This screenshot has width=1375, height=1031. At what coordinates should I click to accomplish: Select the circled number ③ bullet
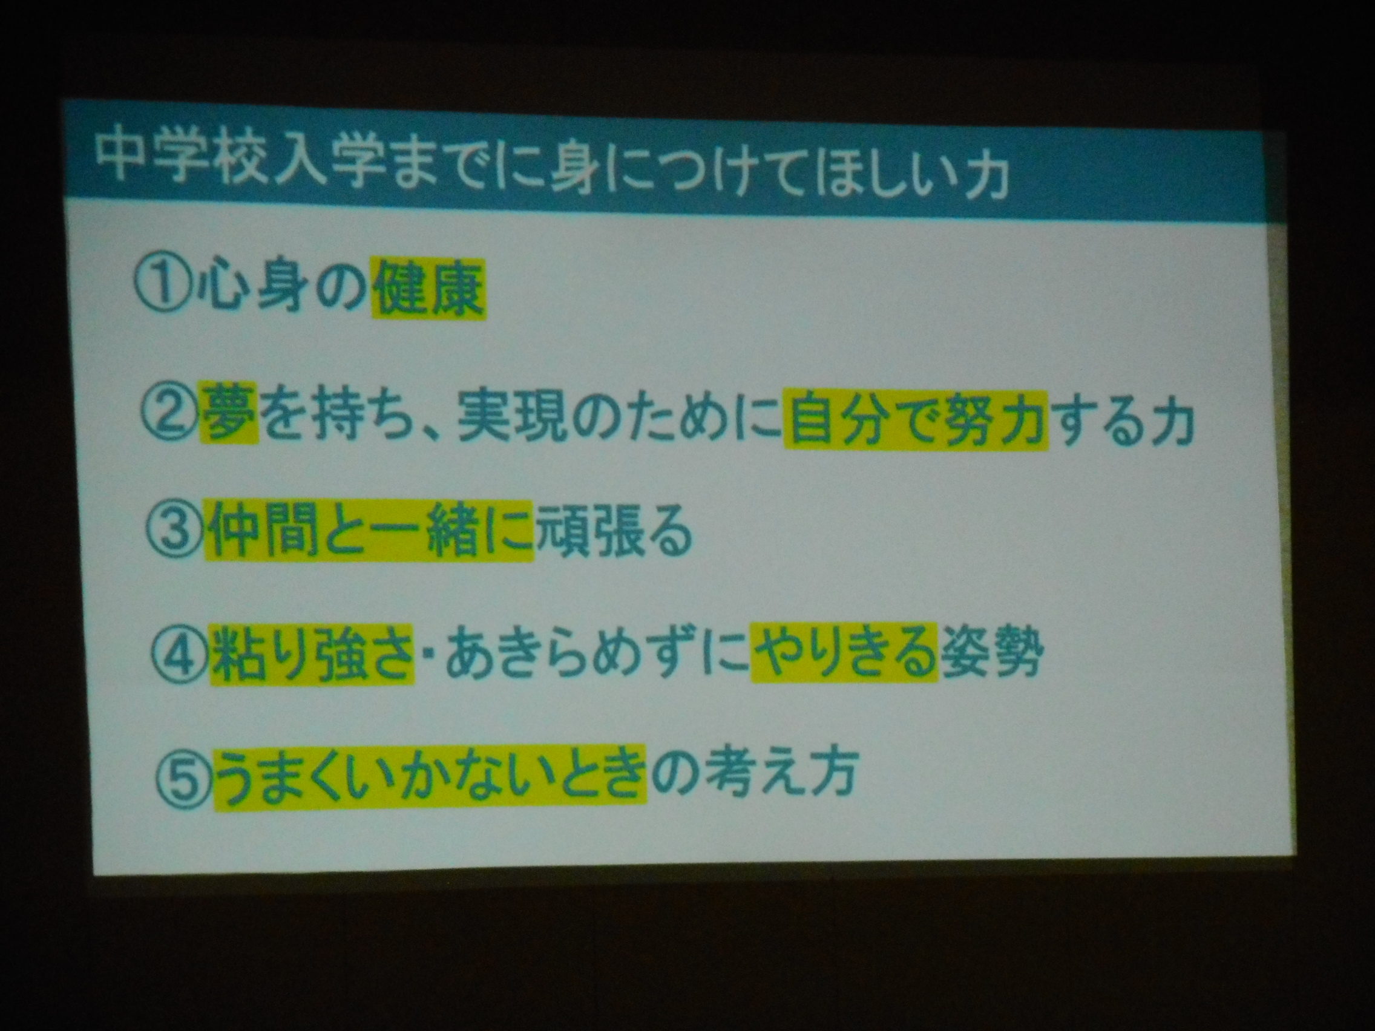(x=176, y=536)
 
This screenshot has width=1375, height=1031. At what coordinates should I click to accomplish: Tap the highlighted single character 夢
(x=229, y=412)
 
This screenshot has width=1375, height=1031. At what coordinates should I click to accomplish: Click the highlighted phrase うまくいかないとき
(x=430, y=774)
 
